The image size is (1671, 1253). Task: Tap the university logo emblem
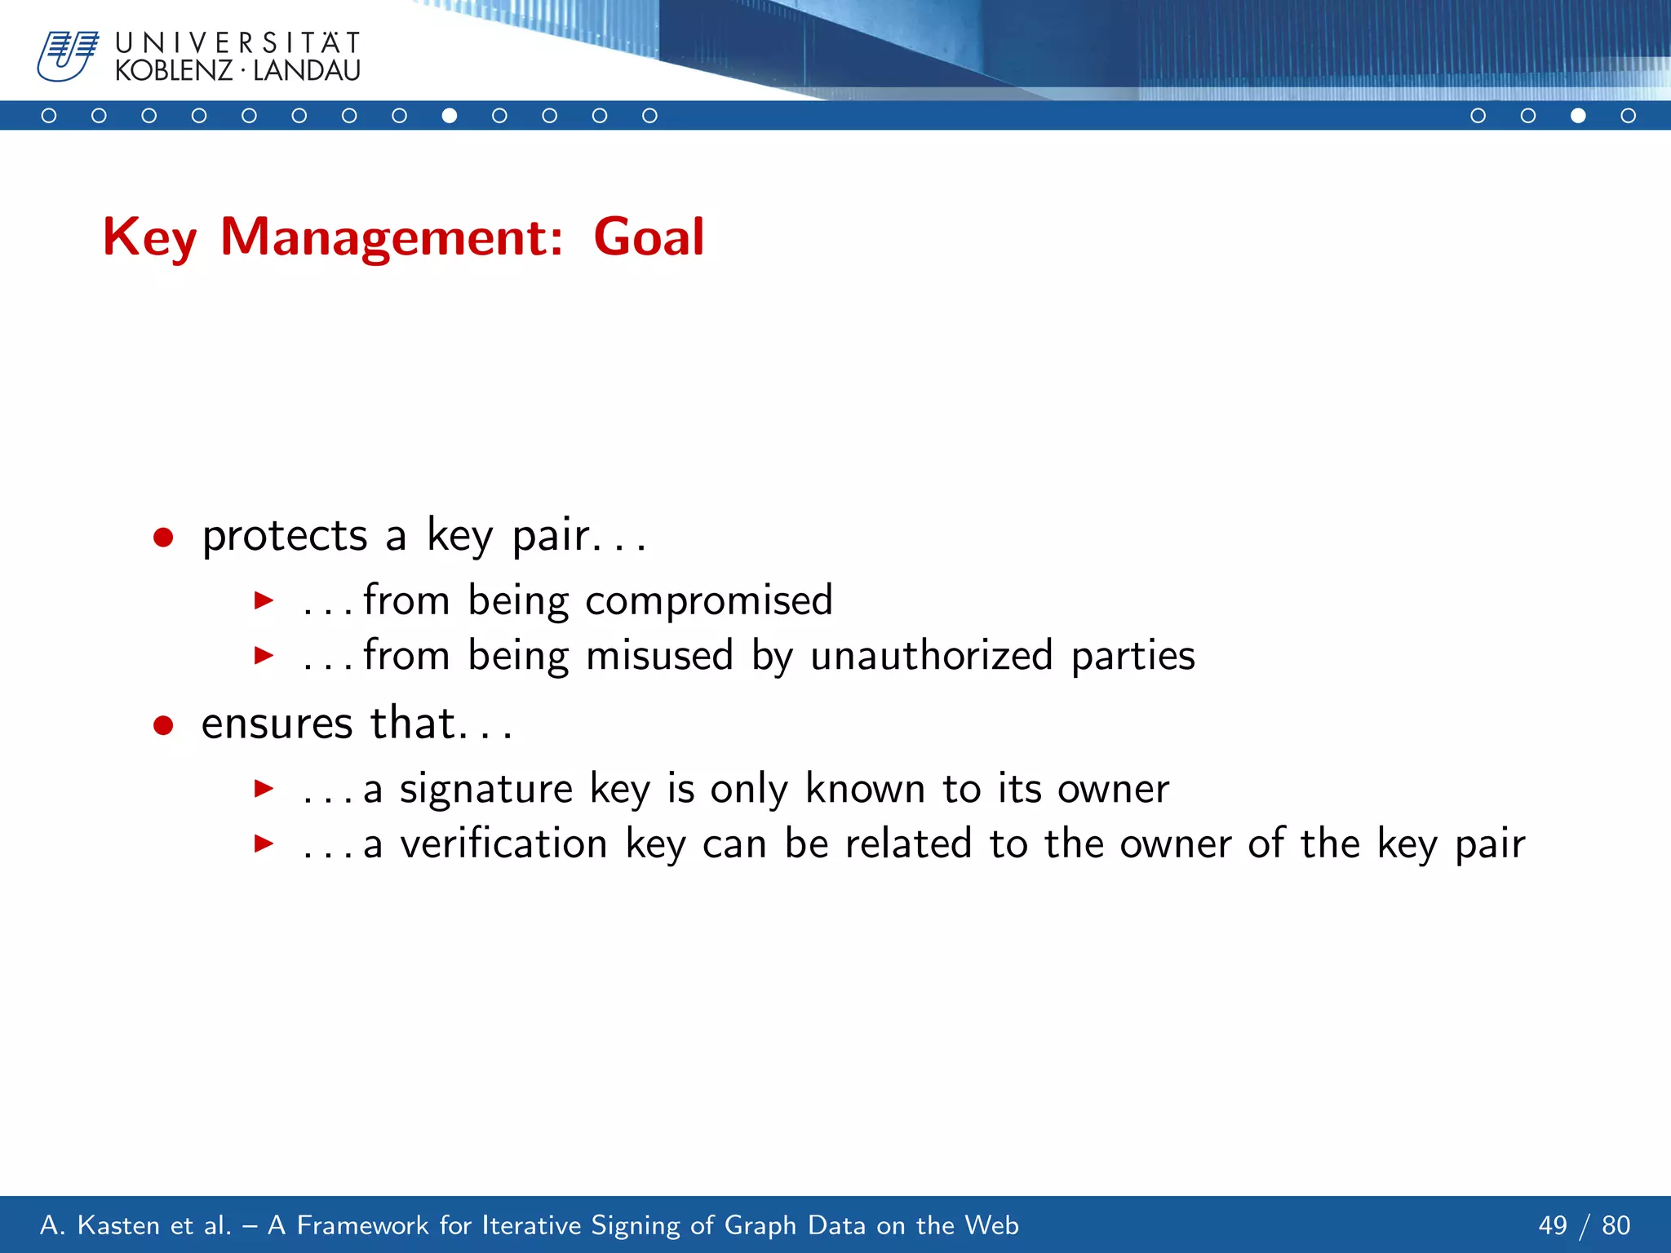pyautogui.click(x=68, y=56)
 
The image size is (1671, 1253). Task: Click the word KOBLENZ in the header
pyautogui.click(x=174, y=72)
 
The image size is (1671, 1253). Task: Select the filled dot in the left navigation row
pyautogui.click(x=450, y=116)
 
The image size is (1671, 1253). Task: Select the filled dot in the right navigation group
pyautogui.click(x=1578, y=116)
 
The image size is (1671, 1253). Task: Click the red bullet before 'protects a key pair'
pyautogui.click(x=163, y=537)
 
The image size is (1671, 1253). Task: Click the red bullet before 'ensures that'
pyautogui.click(x=163, y=724)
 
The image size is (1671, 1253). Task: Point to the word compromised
pyautogui.click(x=708, y=601)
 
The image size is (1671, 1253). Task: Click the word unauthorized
pyautogui.click(x=931, y=656)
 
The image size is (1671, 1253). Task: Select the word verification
pyautogui.click(x=503, y=843)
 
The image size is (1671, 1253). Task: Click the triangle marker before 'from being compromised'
pyautogui.click(x=264, y=601)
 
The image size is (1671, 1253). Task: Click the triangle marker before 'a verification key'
pyautogui.click(x=264, y=843)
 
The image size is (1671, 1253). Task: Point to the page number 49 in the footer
pyautogui.click(x=1553, y=1225)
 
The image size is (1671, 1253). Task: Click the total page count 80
pyautogui.click(x=1616, y=1225)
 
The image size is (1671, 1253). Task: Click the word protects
pyautogui.click(x=285, y=537)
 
